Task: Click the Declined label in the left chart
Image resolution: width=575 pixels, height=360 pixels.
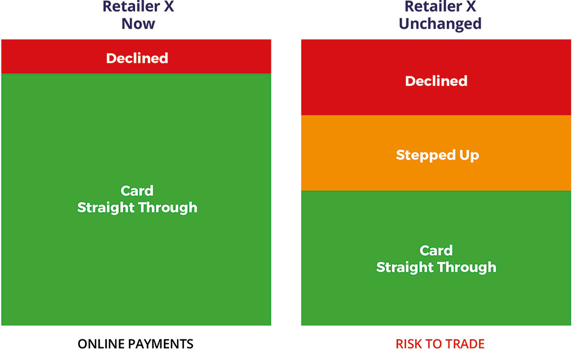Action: pyautogui.click(x=137, y=58)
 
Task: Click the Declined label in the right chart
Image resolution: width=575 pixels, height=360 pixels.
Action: pyautogui.click(x=436, y=81)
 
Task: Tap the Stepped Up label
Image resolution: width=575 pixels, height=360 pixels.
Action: pyautogui.click(x=438, y=155)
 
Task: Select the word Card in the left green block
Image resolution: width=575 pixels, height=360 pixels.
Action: pyautogui.click(x=137, y=190)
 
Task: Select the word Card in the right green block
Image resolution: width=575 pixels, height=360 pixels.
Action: pyautogui.click(x=436, y=250)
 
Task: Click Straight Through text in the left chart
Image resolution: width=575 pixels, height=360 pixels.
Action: pyautogui.click(x=137, y=208)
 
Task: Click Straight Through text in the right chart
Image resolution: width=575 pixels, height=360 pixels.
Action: pyautogui.click(x=436, y=267)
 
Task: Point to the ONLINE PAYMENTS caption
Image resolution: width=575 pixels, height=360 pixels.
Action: pyautogui.click(x=135, y=344)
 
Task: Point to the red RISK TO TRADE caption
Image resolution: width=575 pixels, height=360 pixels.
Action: pyautogui.click(x=440, y=344)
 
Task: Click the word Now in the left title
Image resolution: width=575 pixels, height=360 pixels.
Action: pyautogui.click(x=138, y=24)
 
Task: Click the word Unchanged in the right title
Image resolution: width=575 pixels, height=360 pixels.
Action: pyautogui.click(x=440, y=24)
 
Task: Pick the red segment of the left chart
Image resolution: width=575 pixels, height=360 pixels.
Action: pyautogui.click(x=136, y=57)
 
